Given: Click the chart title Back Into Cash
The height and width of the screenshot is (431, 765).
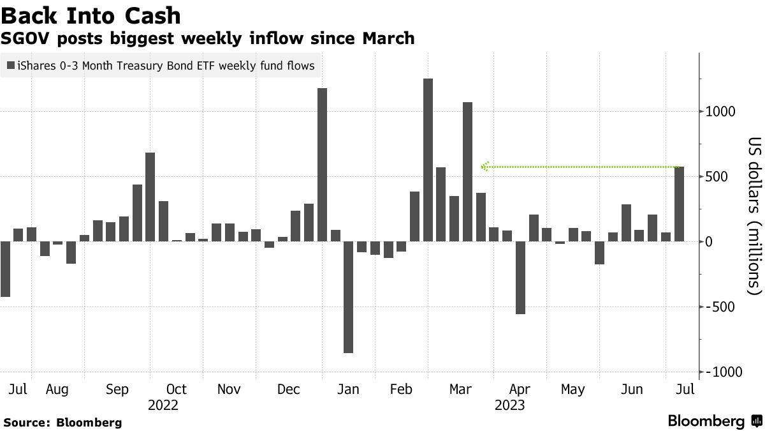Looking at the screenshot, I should pyautogui.click(x=91, y=15).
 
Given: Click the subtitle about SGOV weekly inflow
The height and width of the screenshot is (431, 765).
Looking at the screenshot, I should pyautogui.click(x=208, y=38).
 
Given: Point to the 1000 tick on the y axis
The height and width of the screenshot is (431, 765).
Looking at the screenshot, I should pyautogui.click(x=720, y=112).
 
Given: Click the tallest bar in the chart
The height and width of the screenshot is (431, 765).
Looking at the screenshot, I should pyautogui.click(x=428, y=160).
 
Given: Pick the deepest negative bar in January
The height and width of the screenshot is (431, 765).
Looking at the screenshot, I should pyautogui.click(x=348, y=297).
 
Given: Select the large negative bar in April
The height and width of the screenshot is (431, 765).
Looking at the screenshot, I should pyautogui.click(x=520, y=277).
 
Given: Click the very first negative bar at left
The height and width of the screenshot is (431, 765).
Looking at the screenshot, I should pyautogui.click(x=5, y=269).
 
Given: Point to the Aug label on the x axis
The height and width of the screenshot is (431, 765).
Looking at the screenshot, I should pyautogui.click(x=57, y=389).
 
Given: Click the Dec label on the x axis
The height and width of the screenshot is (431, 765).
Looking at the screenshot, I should pyautogui.click(x=289, y=389).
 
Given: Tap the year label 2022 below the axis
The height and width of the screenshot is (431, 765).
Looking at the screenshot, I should pyautogui.click(x=163, y=405).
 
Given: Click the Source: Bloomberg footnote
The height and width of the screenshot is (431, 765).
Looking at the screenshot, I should pyautogui.click(x=62, y=422).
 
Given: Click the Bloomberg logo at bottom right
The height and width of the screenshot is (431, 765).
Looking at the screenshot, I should pyautogui.click(x=714, y=421).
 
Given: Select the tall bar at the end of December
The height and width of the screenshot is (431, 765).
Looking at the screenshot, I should pyautogui.click(x=322, y=164).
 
